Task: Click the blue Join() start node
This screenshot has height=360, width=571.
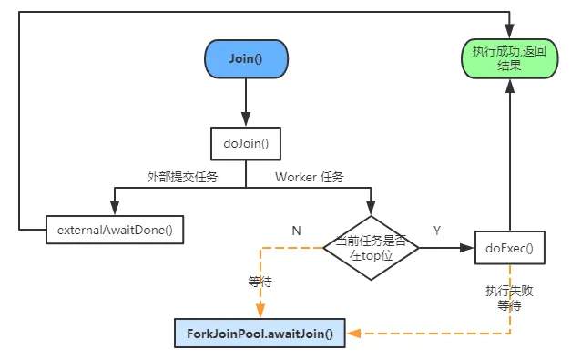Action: (x=245, y=60)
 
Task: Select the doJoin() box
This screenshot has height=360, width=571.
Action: (x=245, y=142)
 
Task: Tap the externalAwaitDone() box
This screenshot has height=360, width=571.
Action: (x=115, y=230)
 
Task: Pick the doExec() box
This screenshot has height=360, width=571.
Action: (x=509, y=247)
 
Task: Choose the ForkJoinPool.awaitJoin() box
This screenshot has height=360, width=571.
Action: (x=260, y=334)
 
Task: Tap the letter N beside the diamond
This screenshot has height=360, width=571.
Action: (x=296, y=231)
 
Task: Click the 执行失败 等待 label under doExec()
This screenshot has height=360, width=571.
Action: (x=504, y=298)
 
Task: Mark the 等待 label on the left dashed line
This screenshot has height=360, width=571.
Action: (x=260, y=283)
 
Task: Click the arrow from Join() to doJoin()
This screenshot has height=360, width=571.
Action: (x=245, y=102)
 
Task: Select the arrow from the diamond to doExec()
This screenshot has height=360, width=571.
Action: (x=446, y=247)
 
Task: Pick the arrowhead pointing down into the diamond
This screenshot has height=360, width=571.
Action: (x=371, y=209)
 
